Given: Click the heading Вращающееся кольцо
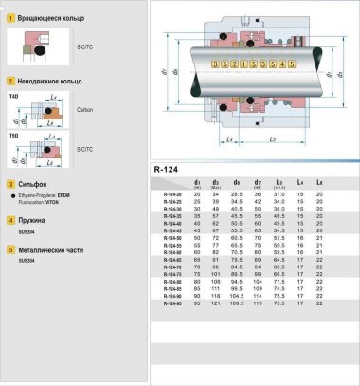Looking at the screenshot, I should pos(44,19).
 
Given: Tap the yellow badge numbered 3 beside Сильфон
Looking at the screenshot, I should pos(9,185).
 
